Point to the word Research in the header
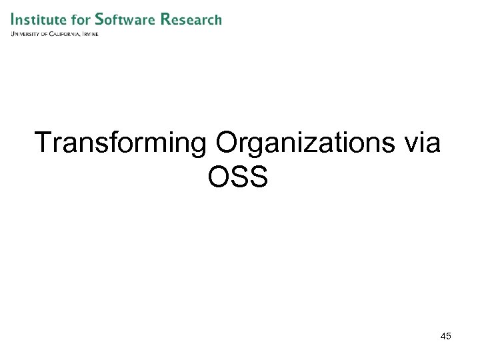[x=192, y=19]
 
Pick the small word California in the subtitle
[x=67, y=34]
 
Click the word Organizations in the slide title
[x=289, y=144]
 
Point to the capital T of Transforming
[x=43, y=143]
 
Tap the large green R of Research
[x=166, y=19]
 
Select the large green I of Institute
[x=13, y=19]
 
